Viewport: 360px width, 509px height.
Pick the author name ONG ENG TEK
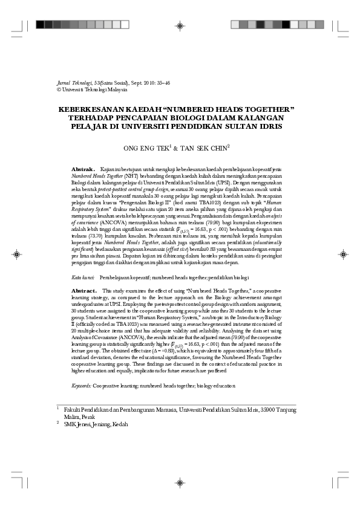click(146, 147)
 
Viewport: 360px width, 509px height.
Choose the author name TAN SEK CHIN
click(203, 147)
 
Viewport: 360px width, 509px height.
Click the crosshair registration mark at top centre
click(180, 25)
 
